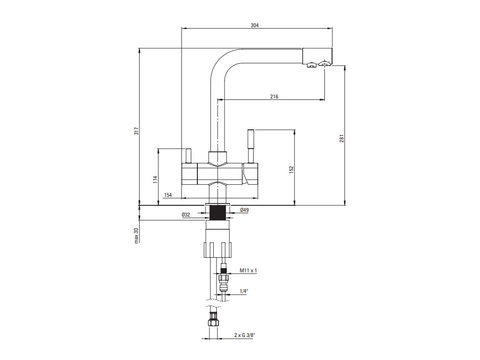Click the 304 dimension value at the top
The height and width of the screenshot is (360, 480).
point(255,25)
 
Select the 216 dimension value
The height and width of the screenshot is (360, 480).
point(274,97)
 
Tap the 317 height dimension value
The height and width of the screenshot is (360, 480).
point(135,133)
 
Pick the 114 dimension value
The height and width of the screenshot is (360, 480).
point(155,180)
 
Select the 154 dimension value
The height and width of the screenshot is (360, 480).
point(168,195)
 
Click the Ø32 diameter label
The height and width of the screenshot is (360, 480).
point(186,215)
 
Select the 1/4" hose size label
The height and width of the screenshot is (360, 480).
point(243,291)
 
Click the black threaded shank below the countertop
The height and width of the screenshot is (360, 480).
point(218,213)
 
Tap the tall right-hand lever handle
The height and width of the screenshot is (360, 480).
point(251,145)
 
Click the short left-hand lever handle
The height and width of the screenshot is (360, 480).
point(189,155)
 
